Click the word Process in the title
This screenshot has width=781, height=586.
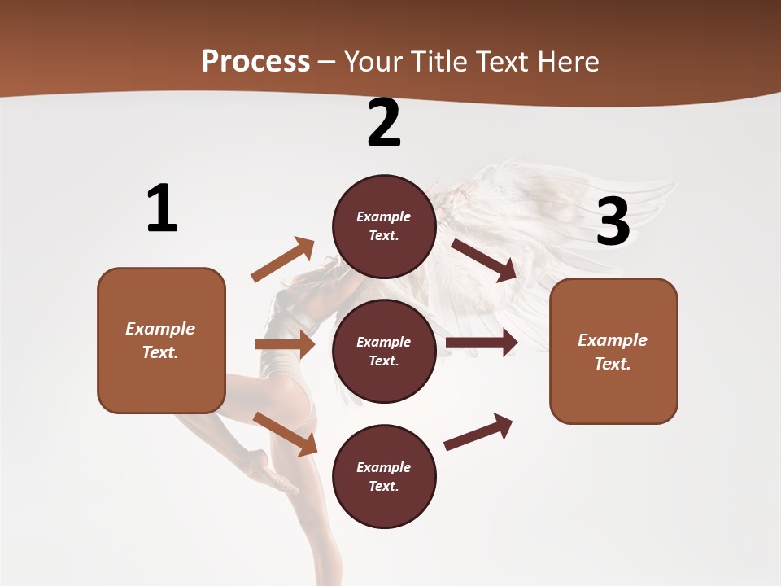click(255, 61)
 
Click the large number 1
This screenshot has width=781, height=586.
click(162, 209)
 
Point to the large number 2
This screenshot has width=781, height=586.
click(384, 123)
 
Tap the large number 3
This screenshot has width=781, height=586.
click(613, 221)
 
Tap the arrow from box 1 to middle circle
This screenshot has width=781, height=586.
click(285, 344)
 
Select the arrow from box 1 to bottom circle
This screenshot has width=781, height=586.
click(285, 434)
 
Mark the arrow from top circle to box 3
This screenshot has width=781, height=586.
click(484, 260)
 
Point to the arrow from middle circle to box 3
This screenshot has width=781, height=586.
click(482, 343)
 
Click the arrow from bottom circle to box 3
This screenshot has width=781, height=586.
click(478, 431)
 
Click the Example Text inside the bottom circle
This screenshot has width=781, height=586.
click(384, 477)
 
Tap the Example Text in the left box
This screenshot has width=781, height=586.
click(160, 340)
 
